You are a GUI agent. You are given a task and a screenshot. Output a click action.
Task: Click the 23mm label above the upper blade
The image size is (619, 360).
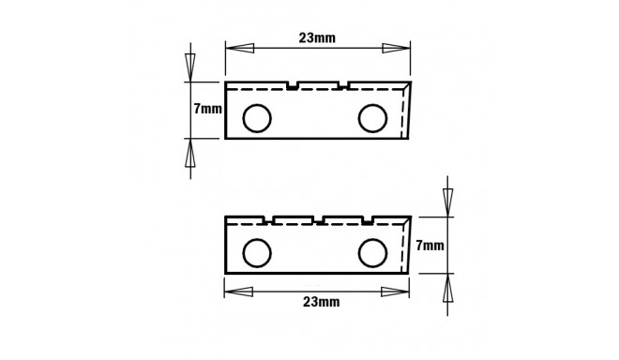(x=317, y=38)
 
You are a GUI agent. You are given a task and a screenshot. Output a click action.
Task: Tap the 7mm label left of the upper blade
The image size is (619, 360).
(x=207, y=109)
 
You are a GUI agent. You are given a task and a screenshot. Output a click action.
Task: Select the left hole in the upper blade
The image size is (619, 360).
(x=256, y=118)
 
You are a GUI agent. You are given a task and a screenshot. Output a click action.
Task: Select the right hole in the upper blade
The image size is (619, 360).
(x=372, y=118)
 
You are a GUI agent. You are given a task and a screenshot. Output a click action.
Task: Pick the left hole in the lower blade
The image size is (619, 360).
(x=256, y=252)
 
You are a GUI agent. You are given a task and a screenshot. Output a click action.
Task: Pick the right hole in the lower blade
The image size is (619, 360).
(x=372, y=252)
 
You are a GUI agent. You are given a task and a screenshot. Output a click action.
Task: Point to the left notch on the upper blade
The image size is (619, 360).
(x=294, y=86)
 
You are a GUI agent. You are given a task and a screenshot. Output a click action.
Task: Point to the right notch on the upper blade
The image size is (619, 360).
(x=342, y=86)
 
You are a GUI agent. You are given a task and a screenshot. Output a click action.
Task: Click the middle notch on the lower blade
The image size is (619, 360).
(x=320, y=220)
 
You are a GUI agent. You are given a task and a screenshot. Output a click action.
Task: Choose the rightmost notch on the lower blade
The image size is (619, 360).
(x=370, y=220)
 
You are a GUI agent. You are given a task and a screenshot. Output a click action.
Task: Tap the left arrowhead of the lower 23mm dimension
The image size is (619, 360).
(x=237, y=289)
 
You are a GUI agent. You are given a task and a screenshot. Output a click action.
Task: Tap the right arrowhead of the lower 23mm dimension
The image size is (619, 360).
(x=397, y=289)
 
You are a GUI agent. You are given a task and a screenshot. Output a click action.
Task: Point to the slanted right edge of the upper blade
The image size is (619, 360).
(x=407, y=111)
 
